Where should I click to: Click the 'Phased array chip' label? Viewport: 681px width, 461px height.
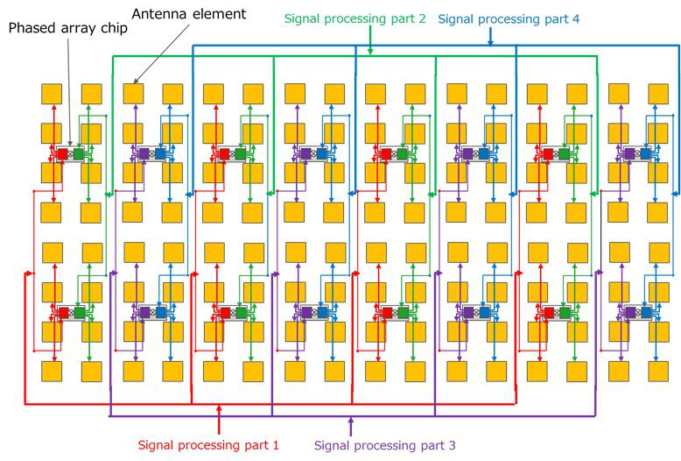pyautogui.click(x=68, y=28)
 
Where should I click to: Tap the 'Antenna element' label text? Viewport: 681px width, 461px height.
pyautogui.click(x=189, y=14)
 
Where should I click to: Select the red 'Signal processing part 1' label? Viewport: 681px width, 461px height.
pyautogui.click(x=208, y=445)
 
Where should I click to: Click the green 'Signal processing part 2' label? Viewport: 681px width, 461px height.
pyautogui.click(x=355, y=19)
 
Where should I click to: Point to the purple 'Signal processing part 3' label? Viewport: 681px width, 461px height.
pyautogui.click(x=385, y=445)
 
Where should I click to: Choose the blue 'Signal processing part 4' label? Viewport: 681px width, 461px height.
pyautogui.click(x=509, y=19)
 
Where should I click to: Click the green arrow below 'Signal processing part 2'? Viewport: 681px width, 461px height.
pyautogui.click(x=370, y=40)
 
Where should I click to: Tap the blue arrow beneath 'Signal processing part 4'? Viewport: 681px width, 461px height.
pyautogui.click(x=490, y=36)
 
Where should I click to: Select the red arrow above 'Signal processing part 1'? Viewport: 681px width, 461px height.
pyautogui.click(x=219, y=419)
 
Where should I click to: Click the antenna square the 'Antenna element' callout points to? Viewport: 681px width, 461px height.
pyautogui.click(x=133, y=94)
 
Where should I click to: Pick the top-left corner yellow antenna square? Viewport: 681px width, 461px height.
pyautogui.click(x=52, y=94)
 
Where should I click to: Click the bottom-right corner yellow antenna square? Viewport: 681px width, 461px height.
pyautogui.click(x=658, y=372)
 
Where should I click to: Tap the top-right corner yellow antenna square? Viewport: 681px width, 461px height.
pyautogui.click(x=658, y=94)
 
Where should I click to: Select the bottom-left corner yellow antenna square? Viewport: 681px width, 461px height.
pyautogui.click(x=52, y=372)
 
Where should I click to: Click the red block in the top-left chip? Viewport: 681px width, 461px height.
pyautogui.click(x=62, y=154)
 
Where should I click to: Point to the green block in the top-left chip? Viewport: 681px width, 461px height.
pyautogui.click(x=78, y=154)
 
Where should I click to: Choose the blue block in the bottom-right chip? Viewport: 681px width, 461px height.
pyautogui.click(x=646, y=313)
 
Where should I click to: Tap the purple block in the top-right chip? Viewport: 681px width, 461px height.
pyautogui.click(x=629, y=154)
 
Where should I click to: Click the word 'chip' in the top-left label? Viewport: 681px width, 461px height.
pyautogui.click(x=114, y=29)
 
